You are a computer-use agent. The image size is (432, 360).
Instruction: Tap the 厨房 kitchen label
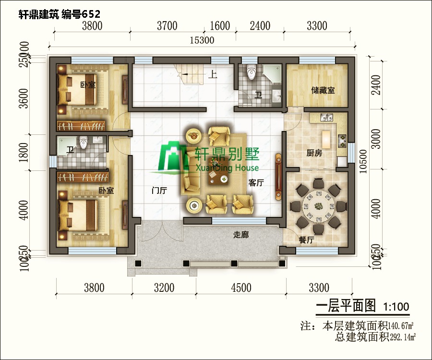click(314, 154)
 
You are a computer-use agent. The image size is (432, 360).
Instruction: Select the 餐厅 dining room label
click(306, 240)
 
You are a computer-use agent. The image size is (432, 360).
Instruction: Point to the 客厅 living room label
click(256, 183)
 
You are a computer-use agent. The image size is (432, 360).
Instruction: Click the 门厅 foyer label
click(158, 191)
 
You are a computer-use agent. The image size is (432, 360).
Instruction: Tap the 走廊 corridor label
click(240, 235)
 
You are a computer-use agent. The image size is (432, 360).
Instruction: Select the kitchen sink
click(325, 117)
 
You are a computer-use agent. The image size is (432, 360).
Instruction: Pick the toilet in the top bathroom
click(250, 72)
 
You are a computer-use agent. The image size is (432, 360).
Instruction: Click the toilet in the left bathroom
click(84, 143)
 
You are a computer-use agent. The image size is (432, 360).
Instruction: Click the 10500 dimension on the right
click(363, 163)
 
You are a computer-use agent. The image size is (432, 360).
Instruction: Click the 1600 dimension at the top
click(220, 26)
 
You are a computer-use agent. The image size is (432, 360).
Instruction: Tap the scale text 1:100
click(396, 306)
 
